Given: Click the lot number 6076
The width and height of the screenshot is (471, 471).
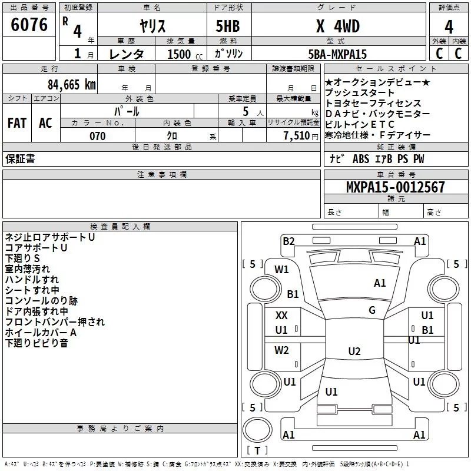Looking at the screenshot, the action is point(29,26).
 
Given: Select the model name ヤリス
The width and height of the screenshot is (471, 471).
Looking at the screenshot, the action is point(152,26).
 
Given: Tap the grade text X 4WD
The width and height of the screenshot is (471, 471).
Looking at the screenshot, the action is point(337,26).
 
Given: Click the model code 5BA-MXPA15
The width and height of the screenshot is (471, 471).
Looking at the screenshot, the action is point(337,54).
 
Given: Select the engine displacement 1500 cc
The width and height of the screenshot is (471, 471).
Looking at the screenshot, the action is point(180,54).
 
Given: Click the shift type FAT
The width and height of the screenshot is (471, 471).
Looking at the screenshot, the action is point(16,122).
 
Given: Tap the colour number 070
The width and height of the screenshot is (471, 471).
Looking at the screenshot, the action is point(97,136).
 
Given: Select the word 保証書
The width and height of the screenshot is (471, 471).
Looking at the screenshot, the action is point(20,159).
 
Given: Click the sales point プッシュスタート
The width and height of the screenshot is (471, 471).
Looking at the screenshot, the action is point(360,93).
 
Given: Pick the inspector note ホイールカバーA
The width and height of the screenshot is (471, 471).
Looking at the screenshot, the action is point(41,333).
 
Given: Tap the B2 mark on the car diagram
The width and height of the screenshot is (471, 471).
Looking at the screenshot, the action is point(288,241).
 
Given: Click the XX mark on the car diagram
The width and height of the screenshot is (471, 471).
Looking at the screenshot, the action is point(281,316).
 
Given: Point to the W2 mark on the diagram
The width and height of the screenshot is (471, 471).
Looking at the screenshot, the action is point(281,351).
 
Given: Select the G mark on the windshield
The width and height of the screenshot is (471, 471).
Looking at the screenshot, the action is point(372,310).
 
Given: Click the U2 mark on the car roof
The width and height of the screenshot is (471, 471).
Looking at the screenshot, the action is point(354,351).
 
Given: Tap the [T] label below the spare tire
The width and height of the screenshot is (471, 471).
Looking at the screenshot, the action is point(257,451).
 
